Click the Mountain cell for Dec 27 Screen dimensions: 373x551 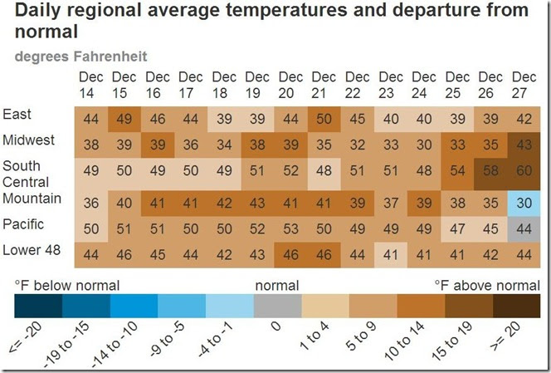pyautogui.click(x=524, y=202)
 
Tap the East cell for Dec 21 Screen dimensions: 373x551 pyautogui.click(x=324, y=118)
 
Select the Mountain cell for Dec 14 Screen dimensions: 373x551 pyautogui.click(x=91, y=202)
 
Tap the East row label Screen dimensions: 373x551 pyautogui.click(x=17, y=114)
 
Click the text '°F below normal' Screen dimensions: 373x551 pyautogui.click(x=66, y=286)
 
